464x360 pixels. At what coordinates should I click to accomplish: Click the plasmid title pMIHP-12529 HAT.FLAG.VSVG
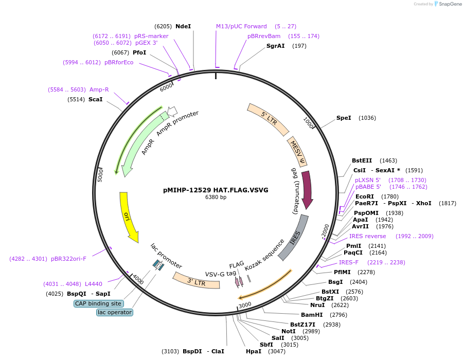216,190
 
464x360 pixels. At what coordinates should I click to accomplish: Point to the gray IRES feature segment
295,237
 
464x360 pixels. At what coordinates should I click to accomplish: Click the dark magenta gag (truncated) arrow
307,190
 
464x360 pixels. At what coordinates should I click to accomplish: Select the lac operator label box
114,312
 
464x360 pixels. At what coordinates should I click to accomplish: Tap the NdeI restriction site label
183,26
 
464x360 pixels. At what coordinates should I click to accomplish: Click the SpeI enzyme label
344,118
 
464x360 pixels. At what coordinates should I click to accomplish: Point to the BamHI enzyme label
312,315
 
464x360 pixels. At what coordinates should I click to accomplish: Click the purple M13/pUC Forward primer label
241,26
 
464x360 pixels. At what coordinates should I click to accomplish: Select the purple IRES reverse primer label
367,236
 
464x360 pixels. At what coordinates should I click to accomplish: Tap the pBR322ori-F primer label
68,259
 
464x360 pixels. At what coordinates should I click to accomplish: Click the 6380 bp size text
216,197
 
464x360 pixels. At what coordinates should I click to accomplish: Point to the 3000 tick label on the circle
245,304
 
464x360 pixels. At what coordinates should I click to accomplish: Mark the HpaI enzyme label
254,351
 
